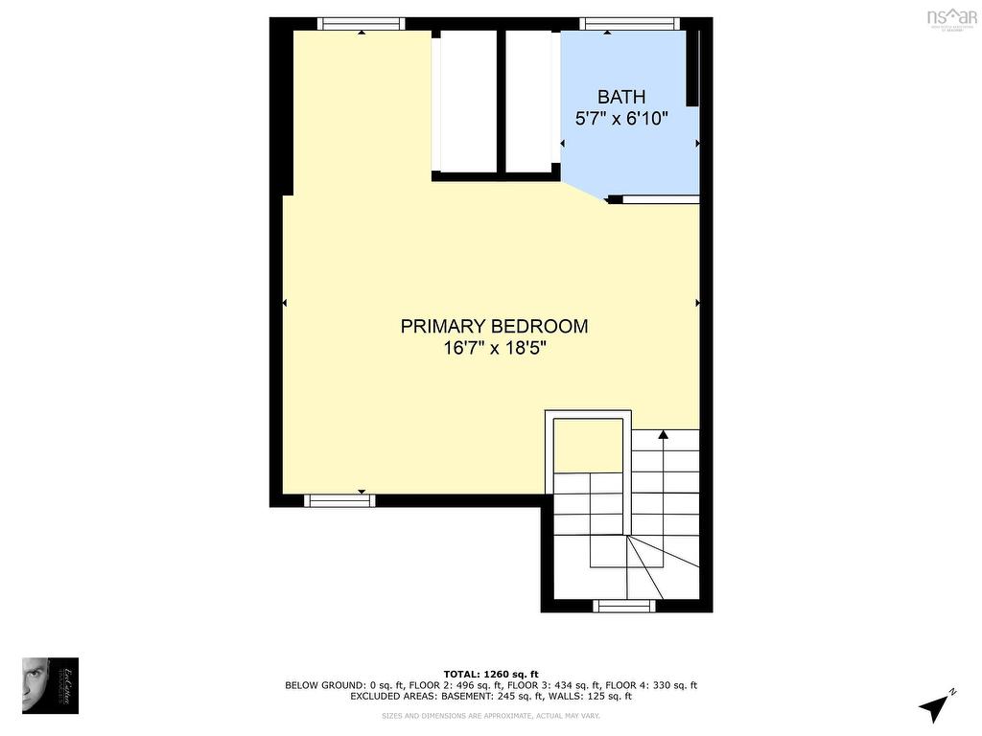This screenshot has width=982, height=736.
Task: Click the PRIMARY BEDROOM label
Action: (x=494, y=327)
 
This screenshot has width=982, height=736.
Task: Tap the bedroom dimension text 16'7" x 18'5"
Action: (x=494, y=349)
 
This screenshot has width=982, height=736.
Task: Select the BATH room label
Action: (x=621, y=97)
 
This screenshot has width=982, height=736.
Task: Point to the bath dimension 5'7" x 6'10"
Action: (x=621, y=119)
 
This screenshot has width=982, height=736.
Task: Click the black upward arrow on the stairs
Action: (x=663, y=436)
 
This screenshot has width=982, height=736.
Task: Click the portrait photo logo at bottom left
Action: (x=50, y=685)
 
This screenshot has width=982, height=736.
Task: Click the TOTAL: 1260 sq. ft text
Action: (x=491, y=674)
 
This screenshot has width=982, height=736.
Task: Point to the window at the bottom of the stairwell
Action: (x=624, y=606)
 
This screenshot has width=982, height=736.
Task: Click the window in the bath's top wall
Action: (x=630, y=24)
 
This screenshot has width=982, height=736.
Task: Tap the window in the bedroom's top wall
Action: (x=361, y=24)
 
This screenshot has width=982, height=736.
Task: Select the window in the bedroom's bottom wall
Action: (x=339, y=500)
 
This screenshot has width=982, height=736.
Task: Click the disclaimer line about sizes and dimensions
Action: (x=491, y=716)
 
